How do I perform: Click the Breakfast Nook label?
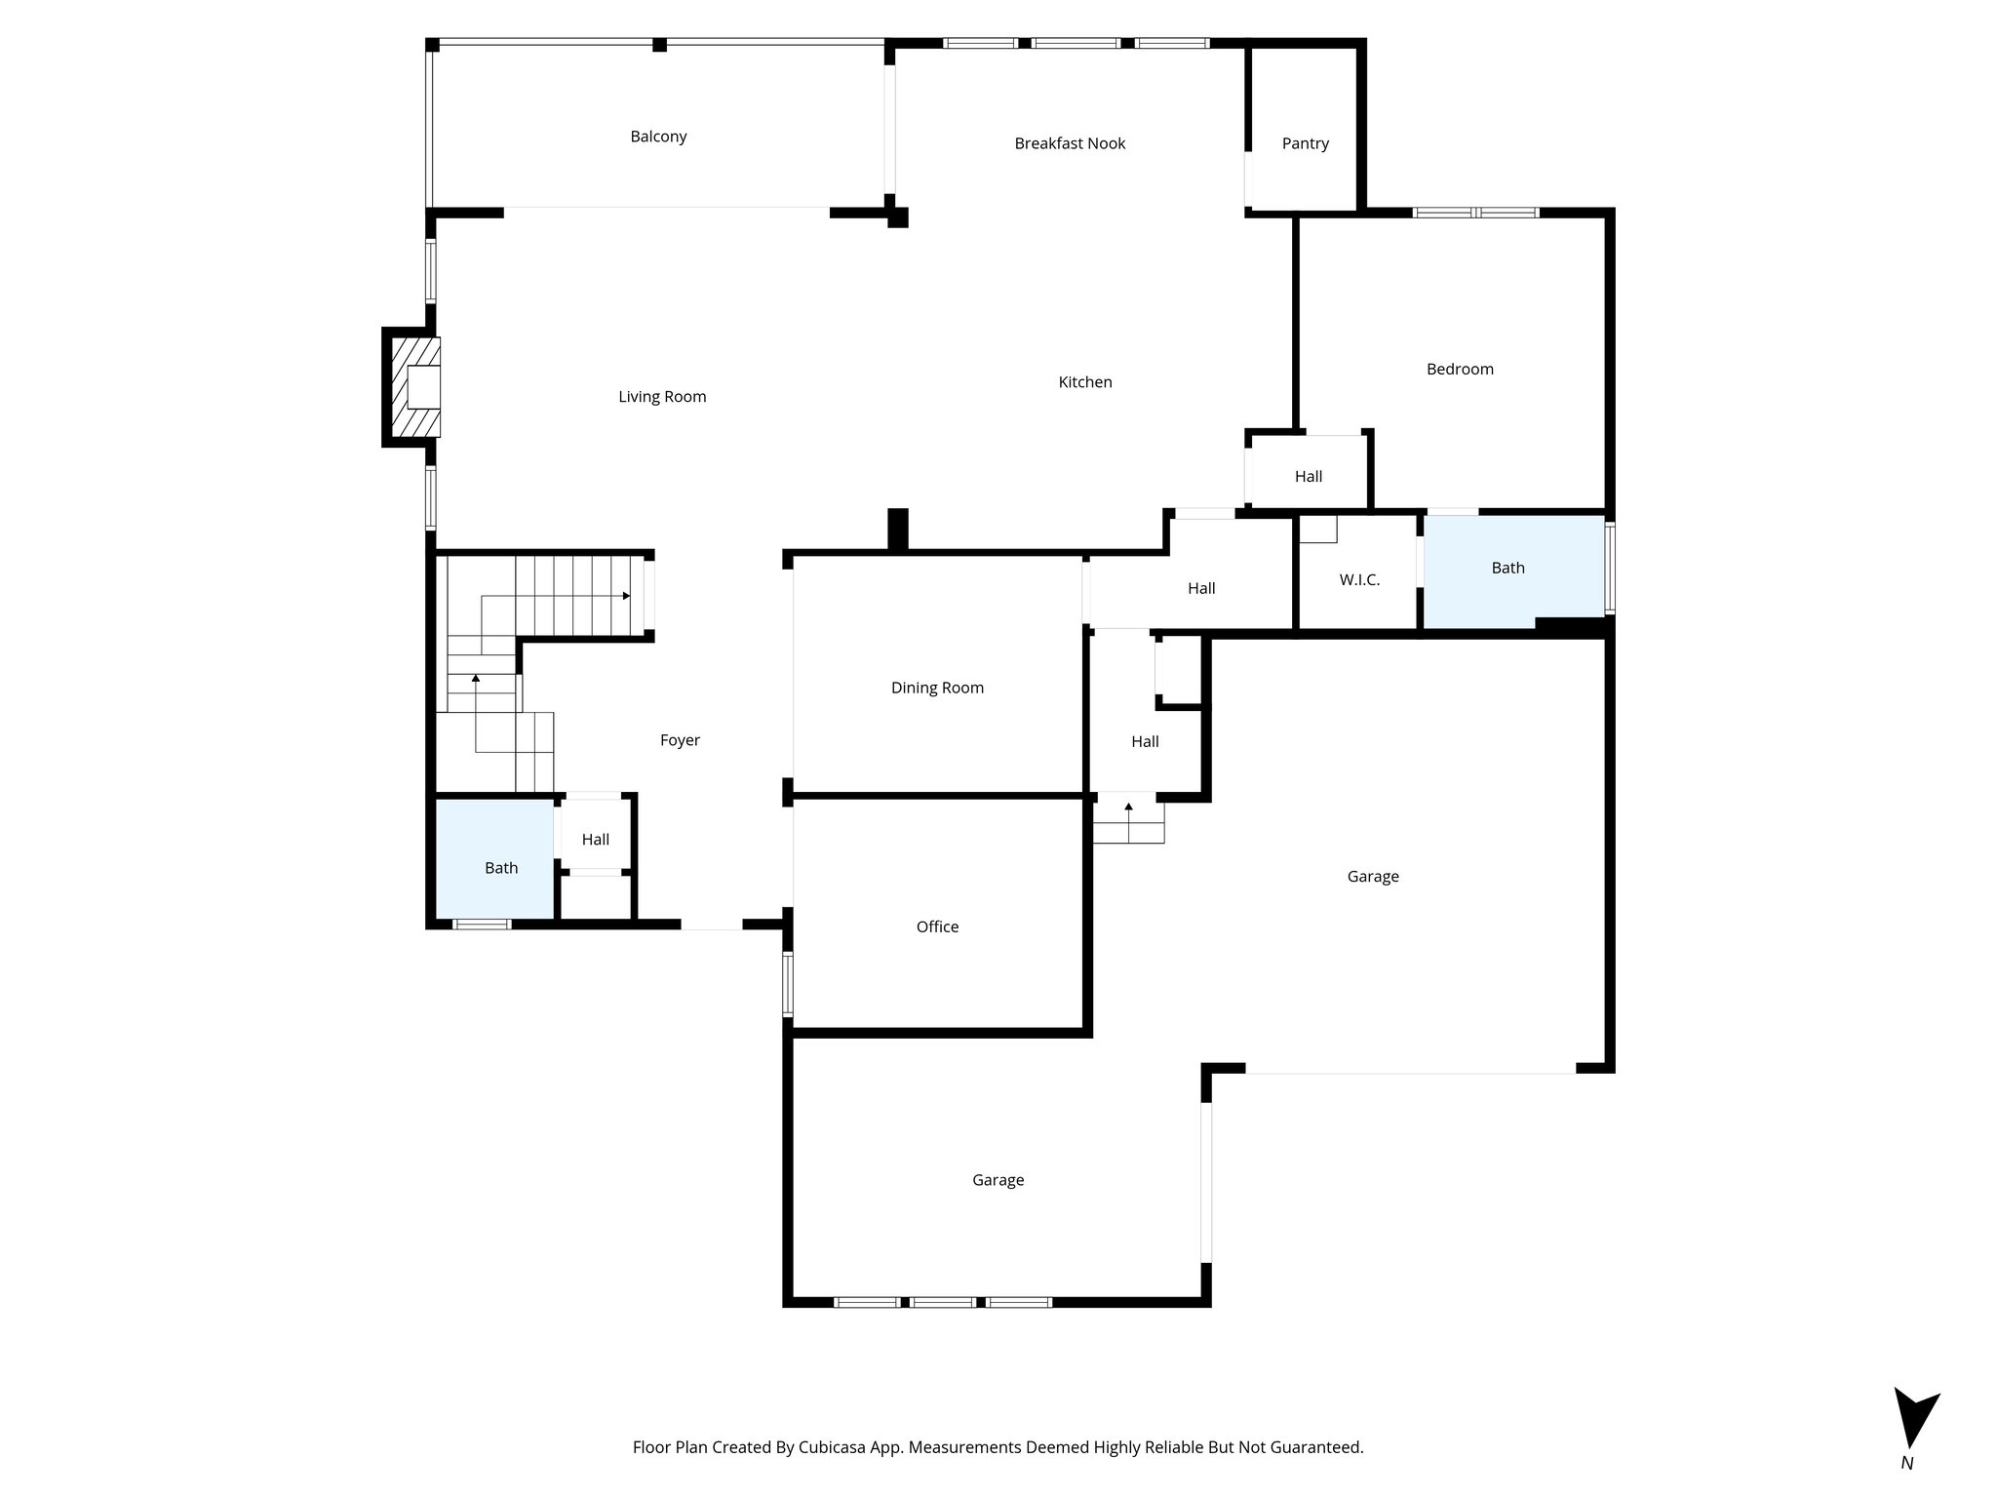(1070, 143)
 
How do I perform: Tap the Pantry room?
(1305, 143)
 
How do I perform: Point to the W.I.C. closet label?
(1359, 580)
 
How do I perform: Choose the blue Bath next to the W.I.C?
(1508, 568)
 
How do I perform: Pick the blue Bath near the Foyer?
(501, 868)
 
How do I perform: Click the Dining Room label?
(937, 688)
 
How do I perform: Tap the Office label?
(937, 926)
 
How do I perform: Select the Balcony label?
(658, 137)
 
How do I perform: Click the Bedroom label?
(1460, 369)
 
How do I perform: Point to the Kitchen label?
(1085, 382)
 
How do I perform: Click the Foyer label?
(680, 740)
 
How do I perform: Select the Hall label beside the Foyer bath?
(595, 840)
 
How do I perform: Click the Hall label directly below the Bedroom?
(1308, 476)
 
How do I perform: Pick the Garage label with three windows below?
(998, 1180)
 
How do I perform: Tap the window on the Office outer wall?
(788, 985)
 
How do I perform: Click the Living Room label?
(662, 397)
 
